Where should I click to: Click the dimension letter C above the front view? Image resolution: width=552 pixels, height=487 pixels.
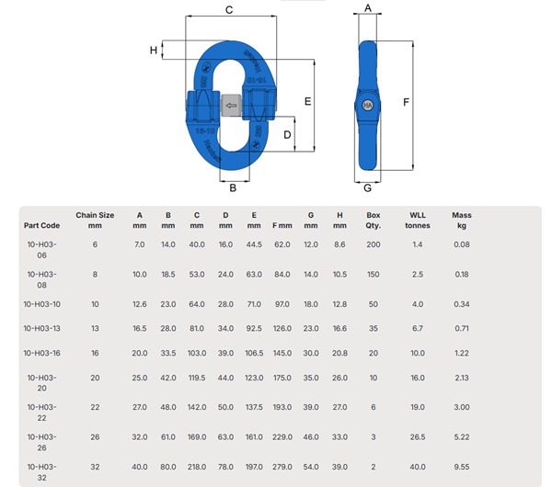point(229,9)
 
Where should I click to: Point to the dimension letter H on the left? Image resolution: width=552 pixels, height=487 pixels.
point(154,50)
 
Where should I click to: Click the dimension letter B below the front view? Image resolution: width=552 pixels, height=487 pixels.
point(233,188)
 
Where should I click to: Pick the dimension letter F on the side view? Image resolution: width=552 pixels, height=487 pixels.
point(406,102)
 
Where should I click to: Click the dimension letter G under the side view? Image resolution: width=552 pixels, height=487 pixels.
point(367,188)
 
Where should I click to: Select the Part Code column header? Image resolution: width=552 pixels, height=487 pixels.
point(42,224)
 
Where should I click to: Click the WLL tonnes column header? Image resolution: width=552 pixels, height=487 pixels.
point(417,220)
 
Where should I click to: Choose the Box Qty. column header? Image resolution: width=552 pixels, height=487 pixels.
point(374,220)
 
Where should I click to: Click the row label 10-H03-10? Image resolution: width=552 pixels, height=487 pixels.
point(42,303)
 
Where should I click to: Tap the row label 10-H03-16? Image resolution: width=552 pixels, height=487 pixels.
point(42,353)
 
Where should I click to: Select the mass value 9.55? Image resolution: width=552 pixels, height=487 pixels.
point(462,466)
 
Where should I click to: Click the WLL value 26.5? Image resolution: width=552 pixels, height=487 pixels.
point(417,436)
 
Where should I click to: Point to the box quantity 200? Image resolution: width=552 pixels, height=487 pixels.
point(374,243)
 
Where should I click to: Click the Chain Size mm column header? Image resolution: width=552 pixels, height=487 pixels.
point(95,220)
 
